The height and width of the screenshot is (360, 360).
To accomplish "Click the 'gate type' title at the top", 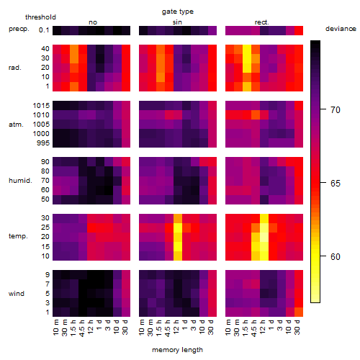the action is pyautogui.click(x=178, y=12).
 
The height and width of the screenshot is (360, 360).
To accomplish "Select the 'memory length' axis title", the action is pyautogui.click(x=178, y=350).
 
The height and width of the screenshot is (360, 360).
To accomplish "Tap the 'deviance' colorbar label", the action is pyautogui.click(x=341, y=29).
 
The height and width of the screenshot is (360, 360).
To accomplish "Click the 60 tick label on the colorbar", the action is pyautogui.click(x=336, y=257).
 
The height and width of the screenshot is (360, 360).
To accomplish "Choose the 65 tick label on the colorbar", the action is pyautogui.click(x=336, y=184).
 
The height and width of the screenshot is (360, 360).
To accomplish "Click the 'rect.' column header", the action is pyautogui.click(x=262, y=22).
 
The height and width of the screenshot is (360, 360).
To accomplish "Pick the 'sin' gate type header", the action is pyautogui.click(x=177, y=22).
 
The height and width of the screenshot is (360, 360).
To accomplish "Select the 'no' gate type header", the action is pyautogui.click(x=93, y=22).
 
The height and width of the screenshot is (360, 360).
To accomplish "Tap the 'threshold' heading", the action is pyautogui.click(x=40, y=17).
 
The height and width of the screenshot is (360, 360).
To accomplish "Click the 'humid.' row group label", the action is pyautogui.click(x=20, y=181).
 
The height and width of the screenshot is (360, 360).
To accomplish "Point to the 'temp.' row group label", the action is pyautogui.click(x=18, y=236).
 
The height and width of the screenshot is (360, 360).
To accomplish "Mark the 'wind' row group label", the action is pyautogui.click(x=17, y=294).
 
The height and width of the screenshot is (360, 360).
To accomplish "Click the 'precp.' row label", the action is pyautogui.click(x=19, y=30).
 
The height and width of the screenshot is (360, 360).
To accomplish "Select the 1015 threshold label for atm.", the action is pyautogui.click(x=41, y=106).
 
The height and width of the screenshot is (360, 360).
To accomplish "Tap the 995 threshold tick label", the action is pyautogui.click(x=43, y=143).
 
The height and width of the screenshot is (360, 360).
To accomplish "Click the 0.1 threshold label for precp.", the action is pyautogui.click(x=44, y=30).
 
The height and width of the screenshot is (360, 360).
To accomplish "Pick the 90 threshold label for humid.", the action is pyautogui.click(x=45, y=162).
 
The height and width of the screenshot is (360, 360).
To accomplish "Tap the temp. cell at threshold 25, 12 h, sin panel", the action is pyautogui.click(x=178, y=228).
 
